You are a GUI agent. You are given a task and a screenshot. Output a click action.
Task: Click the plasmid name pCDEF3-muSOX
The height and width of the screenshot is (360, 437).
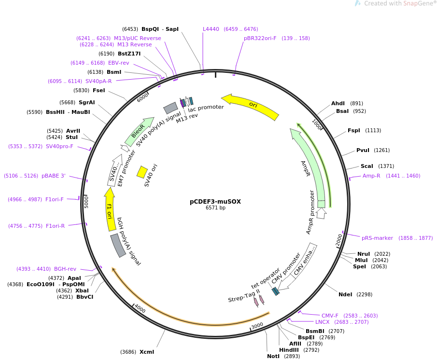coord(215,202)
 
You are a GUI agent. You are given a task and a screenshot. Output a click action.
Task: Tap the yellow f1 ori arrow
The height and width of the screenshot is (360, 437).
coord(110,209)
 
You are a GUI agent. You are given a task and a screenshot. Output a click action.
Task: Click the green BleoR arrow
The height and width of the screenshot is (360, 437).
coord(139,131)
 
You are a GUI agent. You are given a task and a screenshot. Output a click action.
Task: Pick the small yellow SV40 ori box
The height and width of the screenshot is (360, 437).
coord(142,172)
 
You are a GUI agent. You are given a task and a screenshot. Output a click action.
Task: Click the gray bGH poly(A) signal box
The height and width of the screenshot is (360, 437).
coord(118,245)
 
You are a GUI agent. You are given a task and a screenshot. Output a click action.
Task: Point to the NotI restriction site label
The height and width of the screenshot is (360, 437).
coord(273,356)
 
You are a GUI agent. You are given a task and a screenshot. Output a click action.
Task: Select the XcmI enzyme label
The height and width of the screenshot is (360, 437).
coord(147,352)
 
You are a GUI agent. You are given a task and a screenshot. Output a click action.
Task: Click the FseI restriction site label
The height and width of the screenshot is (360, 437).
coord(99,91)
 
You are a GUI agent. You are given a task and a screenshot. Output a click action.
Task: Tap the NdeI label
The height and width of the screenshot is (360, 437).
coord(345,294)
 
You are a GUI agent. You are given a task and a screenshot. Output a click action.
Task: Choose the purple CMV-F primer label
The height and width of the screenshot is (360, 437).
coord(330,316)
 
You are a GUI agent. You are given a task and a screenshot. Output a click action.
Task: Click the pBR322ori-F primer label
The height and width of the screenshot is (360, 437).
coord(260,38)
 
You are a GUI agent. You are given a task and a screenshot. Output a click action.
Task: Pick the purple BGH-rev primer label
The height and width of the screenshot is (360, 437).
coord(65,269)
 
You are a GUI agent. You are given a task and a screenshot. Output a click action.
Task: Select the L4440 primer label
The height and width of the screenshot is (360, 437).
coord(211,29)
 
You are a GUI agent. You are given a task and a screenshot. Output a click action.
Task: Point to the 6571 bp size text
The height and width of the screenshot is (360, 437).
coord(215,208)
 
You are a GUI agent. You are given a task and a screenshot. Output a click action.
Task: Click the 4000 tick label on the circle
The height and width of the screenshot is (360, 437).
coord(140,308)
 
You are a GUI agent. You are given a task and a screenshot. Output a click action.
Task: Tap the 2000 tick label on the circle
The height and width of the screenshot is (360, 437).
coord(339,240)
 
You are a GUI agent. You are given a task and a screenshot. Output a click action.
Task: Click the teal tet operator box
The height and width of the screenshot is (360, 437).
coord(275,291)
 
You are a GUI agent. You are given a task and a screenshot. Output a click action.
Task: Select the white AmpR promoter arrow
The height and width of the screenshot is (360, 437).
coord(321,213)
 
